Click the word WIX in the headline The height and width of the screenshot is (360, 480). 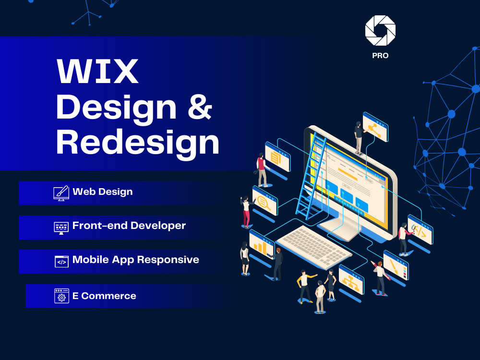[98, 72]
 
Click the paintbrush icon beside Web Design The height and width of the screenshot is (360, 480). [61, 192]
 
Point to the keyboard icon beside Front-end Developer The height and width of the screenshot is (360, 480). [61, 227]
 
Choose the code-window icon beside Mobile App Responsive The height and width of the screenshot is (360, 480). [61, 261]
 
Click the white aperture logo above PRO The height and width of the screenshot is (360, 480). [380, 30]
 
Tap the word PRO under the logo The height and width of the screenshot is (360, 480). [380, 56]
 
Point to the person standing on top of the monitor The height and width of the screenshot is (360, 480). [358, 137]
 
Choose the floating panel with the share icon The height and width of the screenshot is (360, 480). [375, 127]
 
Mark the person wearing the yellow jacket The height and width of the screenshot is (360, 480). [304, 285]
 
